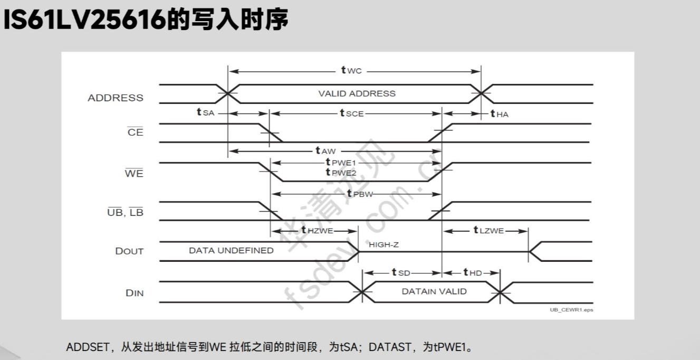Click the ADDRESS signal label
pyautogui.click(x=116, y=98)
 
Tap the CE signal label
pyautogui.click(x=136, y=132)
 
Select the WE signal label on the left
pyautogui.click(x=134, y=173)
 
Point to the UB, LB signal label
pyautogui.click(x=126, y=213)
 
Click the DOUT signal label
pyautogui.click(x=129, y=251)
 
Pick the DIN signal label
pyautogui.click(x=135, y=293)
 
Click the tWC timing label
pyautogui.click(x=351, y=71)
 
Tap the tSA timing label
pyautogui.click(x=205, y=113)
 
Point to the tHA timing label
pyautogui.click(x=500, y=114)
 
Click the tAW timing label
pyautogui.click(x=325, y=151)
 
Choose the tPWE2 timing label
pyautogui.click(x=341, y=173)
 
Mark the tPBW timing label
pyautogui.click(x=360, y=194)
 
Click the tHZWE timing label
pyautogui.click(x=318, y=231)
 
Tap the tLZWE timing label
pyautogui.click(x=488, y=231)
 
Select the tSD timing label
pyautogui.click(x=401, y=272)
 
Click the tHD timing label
pyautogui.click(x=473, y=272)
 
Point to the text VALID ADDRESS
pyautogui.click(x=357, y=93)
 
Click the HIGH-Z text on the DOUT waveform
pyautogui.click(x=385, y=245)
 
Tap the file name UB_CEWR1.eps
pyautogui.click(x=571, y=310)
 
